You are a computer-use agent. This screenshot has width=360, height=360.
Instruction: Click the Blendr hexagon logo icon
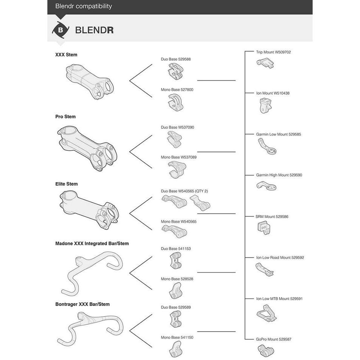60,30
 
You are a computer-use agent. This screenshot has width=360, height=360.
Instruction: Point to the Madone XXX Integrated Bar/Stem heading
92,243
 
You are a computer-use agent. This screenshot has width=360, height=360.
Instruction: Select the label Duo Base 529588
175,59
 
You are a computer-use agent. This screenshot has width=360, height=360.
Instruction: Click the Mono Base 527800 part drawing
175,102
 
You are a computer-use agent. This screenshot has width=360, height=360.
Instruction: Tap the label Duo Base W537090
177,127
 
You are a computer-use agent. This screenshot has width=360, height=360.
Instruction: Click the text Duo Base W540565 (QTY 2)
184,191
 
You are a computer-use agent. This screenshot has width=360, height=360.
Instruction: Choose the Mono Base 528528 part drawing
175,291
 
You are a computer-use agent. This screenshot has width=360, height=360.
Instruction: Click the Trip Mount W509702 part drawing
265,63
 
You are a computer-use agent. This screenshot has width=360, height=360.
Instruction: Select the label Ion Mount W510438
272,93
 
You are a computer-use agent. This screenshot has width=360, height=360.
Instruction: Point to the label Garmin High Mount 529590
279,175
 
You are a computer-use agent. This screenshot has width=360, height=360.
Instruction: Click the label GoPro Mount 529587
274,340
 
